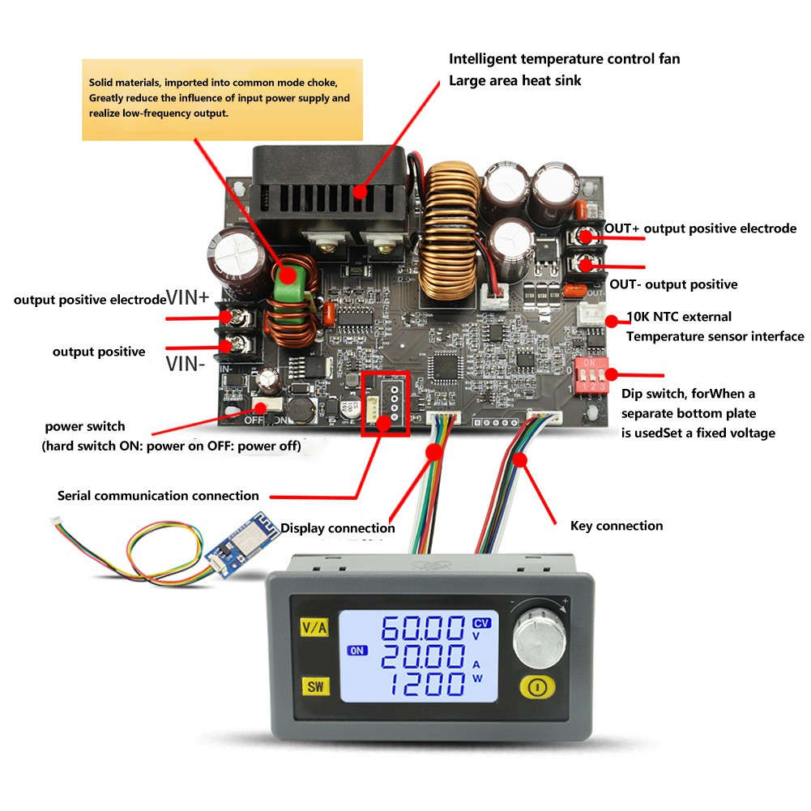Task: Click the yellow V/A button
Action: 313,627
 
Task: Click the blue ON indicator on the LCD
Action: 356,650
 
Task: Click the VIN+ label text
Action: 188,297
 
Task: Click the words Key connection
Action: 617,526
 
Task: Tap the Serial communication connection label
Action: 158,496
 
